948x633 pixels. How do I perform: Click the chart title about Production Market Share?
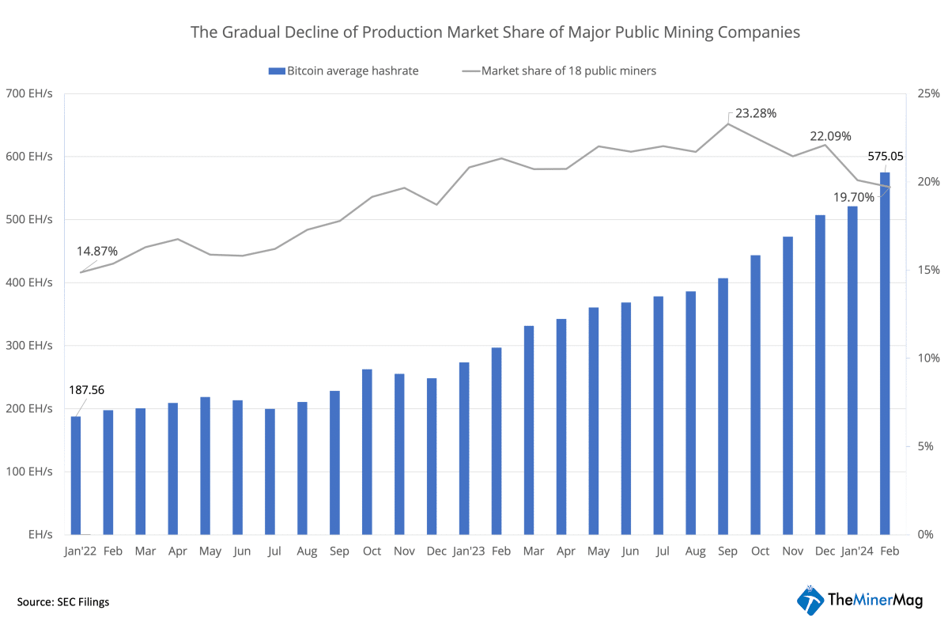(495, 32)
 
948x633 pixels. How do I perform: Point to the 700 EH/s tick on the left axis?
(30, 94)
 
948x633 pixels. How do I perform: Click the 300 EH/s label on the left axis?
(30, 346)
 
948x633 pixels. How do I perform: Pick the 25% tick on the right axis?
(927, 94)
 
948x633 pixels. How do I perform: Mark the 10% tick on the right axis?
(927, 358)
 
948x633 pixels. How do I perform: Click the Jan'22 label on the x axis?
(80, 551)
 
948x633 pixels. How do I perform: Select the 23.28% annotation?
(756, 113)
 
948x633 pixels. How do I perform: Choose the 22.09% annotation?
(829, 136)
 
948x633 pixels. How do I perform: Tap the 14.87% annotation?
(96, 251)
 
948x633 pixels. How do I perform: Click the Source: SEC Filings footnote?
(63, 602)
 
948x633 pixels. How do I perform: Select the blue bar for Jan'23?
(464, 449)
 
